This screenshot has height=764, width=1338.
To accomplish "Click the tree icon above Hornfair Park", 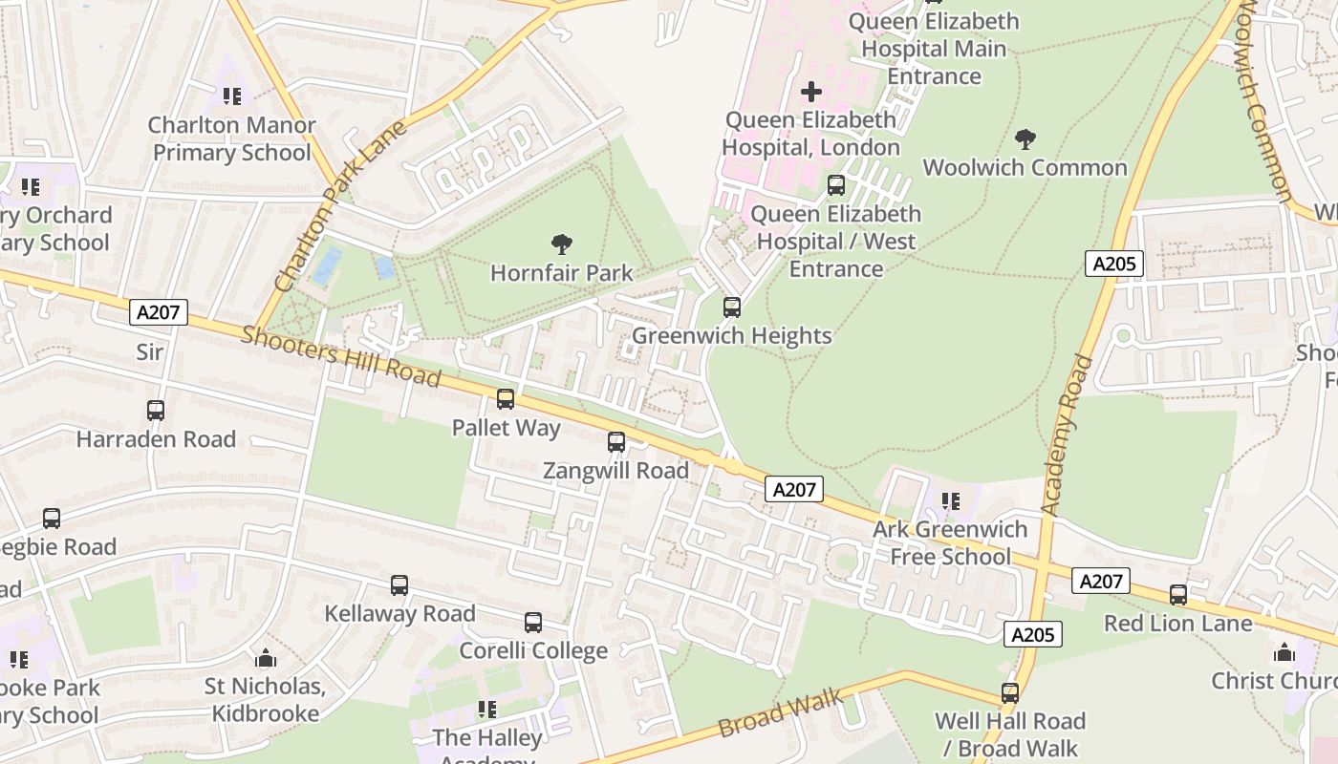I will click(562, 244).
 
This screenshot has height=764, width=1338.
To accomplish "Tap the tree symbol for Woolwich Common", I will click(1025, 139).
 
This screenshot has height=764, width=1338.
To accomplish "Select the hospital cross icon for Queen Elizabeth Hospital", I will click(810, 92).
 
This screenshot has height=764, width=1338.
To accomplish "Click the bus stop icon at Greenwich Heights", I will click(732, 308).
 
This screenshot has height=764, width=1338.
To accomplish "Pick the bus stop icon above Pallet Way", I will click(506, 399).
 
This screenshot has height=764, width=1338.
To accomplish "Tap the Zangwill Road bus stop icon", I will click(616, 442).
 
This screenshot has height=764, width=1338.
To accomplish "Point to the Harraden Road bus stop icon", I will click(156, 411).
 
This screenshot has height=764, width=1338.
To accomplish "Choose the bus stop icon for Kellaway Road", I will click(399, 585).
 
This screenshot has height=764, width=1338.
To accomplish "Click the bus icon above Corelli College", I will click(533, 623).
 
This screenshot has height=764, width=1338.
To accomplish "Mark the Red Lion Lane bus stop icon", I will click(1178, 595).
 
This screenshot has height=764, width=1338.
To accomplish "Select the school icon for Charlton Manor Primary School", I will click(232, 96).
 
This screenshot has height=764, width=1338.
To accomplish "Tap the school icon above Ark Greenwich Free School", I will click(951, 500).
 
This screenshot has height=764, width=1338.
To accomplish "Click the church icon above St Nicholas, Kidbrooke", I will click(266, 658).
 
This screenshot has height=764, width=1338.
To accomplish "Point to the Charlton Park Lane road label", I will click(341, 206).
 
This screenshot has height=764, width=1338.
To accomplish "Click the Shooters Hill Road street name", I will click(340, 356).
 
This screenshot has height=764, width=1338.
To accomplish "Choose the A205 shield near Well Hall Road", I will click(1033, 634).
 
